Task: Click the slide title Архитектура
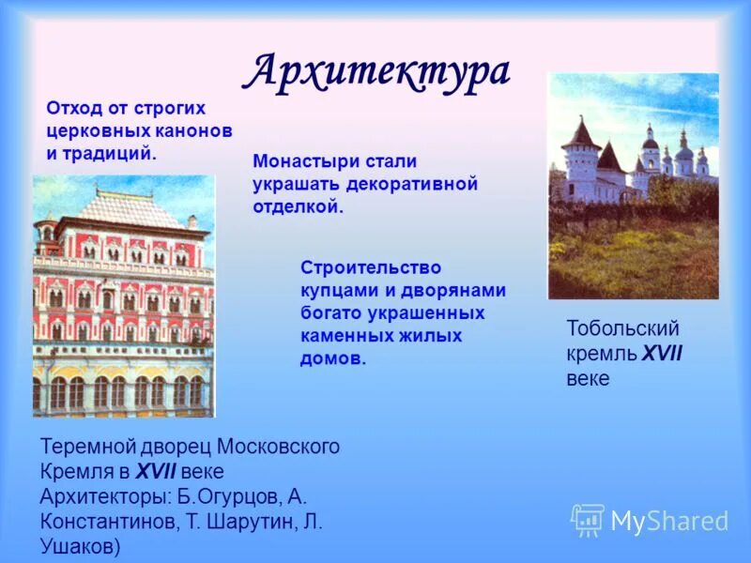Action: (379, 71)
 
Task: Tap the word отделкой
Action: (298, 206)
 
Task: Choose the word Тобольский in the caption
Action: (622, 329)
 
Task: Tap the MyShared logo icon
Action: (588, 520)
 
